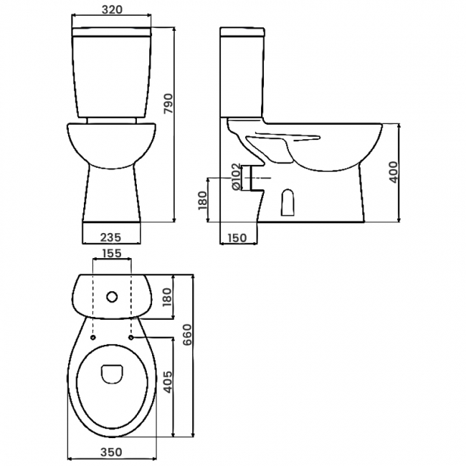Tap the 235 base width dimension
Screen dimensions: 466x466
tap(110, 236)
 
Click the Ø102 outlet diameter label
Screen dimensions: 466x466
tap(237, 176)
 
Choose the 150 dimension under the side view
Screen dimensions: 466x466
tap(238, 238)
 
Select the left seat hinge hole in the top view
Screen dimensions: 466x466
tap(94, 336)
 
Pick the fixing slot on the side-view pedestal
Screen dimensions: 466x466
tap(288, 203)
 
